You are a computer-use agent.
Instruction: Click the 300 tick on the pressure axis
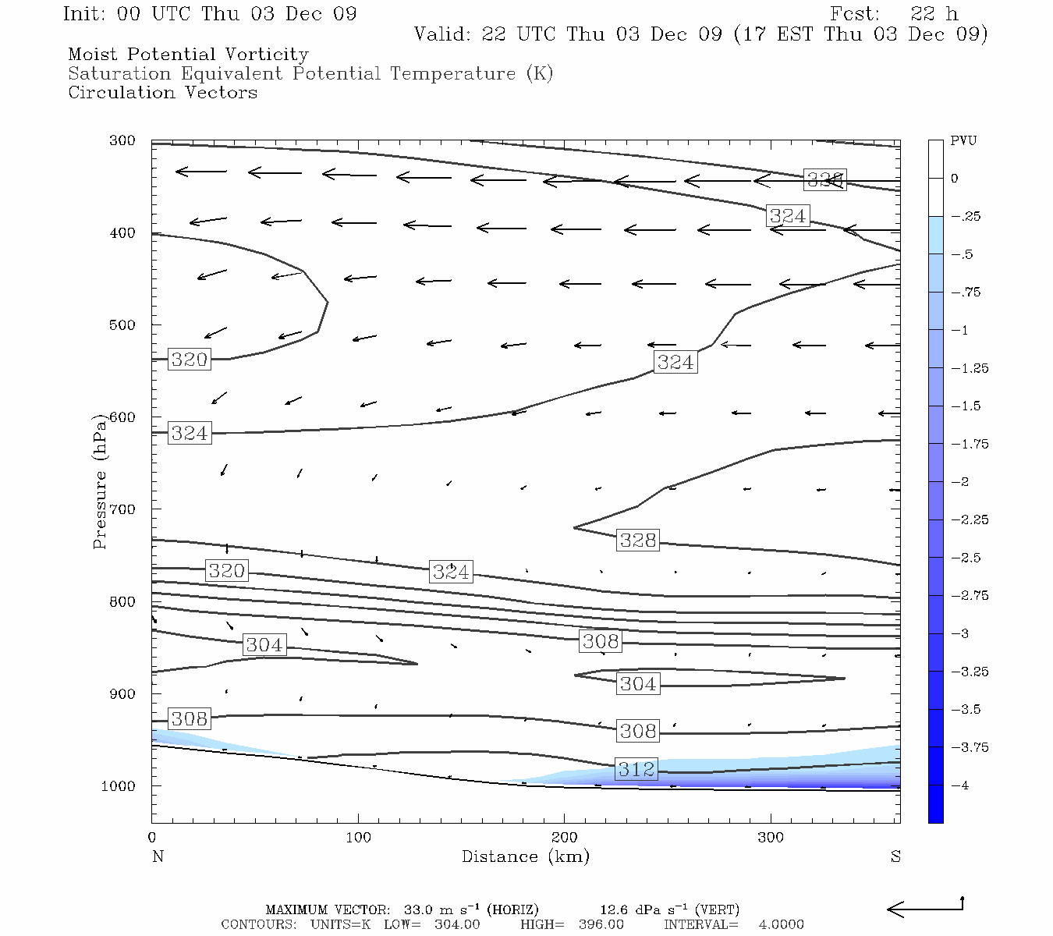[x=122, y=141]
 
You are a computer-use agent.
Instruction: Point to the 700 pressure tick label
[x=122, y=509]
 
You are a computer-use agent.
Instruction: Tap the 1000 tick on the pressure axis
[x=119, y=786]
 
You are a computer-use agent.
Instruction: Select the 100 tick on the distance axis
[x=358, y=838]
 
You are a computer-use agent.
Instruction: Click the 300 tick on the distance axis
[x=771, y=838]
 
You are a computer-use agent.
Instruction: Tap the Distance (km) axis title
[x=525, y=856]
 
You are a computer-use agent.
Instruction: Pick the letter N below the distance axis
[x=158, y=856]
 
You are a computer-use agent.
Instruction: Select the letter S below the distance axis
[x=895, y=856]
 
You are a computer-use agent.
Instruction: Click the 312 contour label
[x=636, y=770]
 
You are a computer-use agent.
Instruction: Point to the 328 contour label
[x=638, y=540]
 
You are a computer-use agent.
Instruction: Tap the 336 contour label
[x=824, y=180]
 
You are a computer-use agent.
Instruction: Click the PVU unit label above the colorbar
[x=963, y=141]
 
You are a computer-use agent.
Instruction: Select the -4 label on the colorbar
[x=963, y=785]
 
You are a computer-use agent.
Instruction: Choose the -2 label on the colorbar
[x=963, y=482]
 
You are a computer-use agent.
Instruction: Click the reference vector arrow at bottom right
[x=925, y=908]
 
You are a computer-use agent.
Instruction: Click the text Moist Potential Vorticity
[x=188, y=55]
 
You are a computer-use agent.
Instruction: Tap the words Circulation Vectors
[x=162, y=93]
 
